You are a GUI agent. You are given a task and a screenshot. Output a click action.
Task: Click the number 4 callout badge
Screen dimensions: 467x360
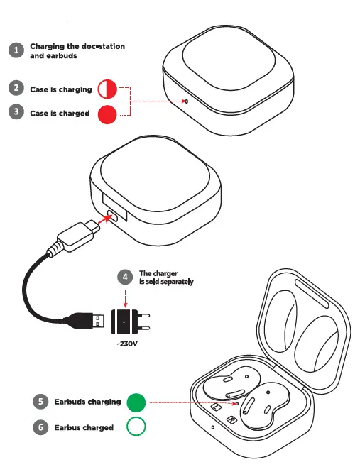(126, 277)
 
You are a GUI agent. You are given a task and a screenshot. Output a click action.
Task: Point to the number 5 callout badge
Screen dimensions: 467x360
(41, 402)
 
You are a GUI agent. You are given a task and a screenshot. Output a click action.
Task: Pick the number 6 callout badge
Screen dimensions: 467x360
(41, 427)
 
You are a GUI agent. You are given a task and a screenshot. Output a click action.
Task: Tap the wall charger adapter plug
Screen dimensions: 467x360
(131, 321)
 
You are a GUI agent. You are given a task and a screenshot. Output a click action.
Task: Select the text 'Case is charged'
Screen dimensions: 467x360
(60, 113)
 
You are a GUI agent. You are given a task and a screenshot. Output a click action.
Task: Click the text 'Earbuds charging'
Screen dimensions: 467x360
(87, 402)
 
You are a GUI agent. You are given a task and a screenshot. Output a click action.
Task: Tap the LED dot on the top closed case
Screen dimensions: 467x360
(187, 101)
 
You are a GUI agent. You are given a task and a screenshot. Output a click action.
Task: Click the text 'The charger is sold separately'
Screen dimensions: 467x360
(165, 277)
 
